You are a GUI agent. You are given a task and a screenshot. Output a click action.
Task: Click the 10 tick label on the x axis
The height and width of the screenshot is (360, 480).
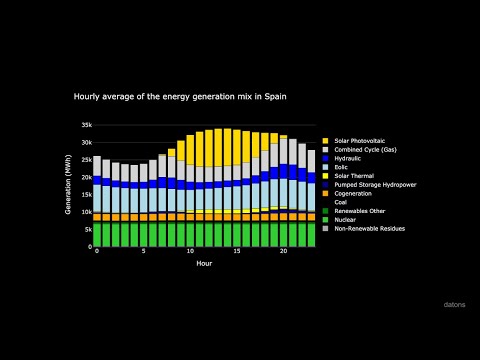click(x=191, y=251)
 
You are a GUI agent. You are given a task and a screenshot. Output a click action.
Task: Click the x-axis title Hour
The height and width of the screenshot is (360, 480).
click(x=204, y=263)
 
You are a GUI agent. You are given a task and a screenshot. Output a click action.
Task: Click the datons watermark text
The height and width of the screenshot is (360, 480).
click(x=454, y=301)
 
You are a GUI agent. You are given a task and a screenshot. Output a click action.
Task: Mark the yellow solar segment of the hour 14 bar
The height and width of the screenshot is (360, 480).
click(x=228, y=147)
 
